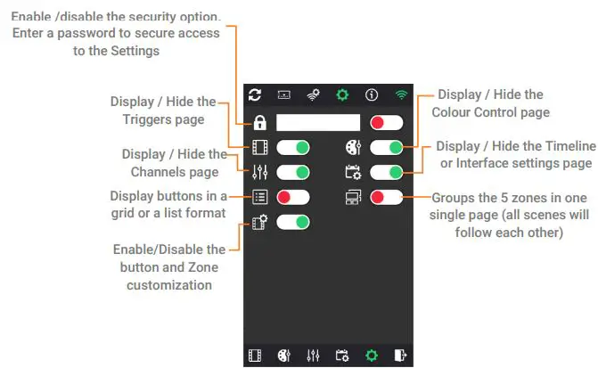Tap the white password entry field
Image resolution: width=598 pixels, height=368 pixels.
pos(317,123)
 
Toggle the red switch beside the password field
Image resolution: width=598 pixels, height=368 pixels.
pos(386,123)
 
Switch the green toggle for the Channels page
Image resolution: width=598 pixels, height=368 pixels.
pos(292,172)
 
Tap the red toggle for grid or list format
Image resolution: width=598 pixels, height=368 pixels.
pos(292,197)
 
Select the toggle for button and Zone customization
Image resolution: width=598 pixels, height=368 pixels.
pos(292,222)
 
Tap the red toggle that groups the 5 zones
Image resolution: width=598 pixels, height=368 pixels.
pos(386,197)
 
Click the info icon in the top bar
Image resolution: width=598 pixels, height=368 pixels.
pos(371,94)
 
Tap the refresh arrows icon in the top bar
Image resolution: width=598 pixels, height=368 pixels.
pos(255,94)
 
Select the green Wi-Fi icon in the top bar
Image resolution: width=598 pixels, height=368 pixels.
pos(401,94)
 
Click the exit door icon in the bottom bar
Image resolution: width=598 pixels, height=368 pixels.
pos(401,356)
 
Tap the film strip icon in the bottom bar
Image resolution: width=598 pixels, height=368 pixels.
pos(256,356)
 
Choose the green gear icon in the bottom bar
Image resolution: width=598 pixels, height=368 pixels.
pos(372,356)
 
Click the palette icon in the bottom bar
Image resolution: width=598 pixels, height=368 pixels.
pos(284,356)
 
